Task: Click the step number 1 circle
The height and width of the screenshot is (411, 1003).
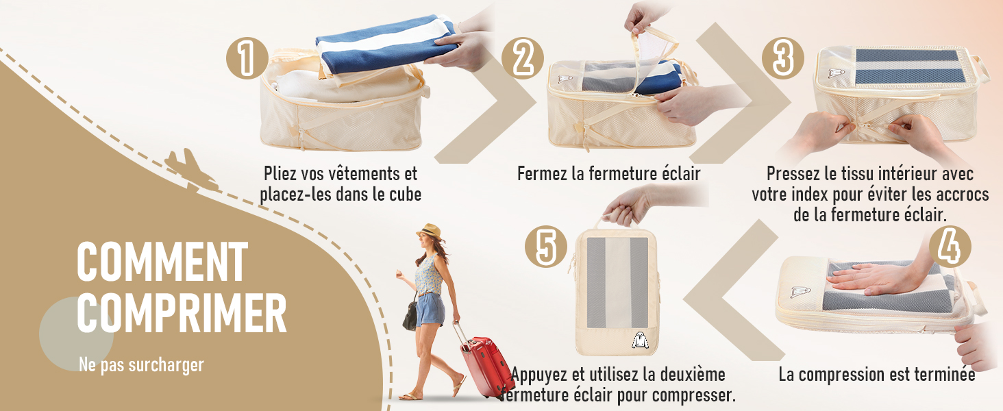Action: click(x=246, y=58)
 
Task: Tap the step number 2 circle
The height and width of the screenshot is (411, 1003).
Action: click(x=523, y=58)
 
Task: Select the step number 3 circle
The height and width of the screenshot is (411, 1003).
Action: click(x=782, y=58)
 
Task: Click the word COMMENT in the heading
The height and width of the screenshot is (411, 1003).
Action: click(x=162, y=262)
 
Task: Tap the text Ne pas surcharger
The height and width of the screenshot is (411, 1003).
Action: click(x=141, y=365)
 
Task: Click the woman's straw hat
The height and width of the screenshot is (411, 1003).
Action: click(x=430, y=230)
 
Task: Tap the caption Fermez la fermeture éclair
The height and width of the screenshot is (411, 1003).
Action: click(x=608, y=174)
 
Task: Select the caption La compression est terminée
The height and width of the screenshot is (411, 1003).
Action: click(x=876, y=375)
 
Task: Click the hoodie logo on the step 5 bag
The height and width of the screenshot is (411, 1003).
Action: click(x=638, y=339)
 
